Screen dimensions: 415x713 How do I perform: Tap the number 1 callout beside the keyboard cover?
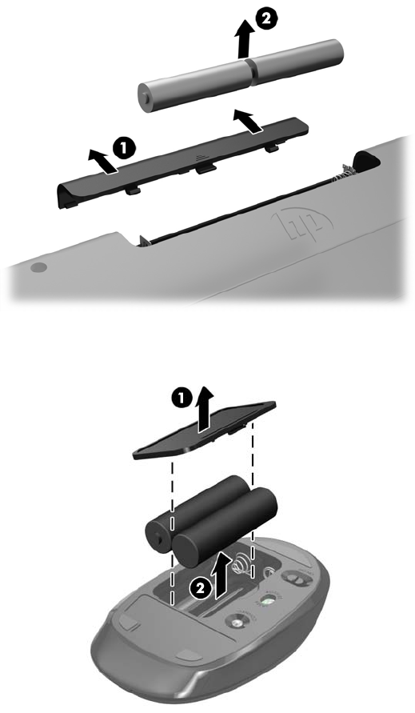(x=124, y=148)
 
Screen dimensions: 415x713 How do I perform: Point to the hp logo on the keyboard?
(x=301, y=224)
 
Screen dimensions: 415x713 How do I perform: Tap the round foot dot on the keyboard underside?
(x=38, y=267)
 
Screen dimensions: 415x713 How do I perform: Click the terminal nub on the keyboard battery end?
(x=144, y=98)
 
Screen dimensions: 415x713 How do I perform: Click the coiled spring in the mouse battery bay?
(x=241, y=564)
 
